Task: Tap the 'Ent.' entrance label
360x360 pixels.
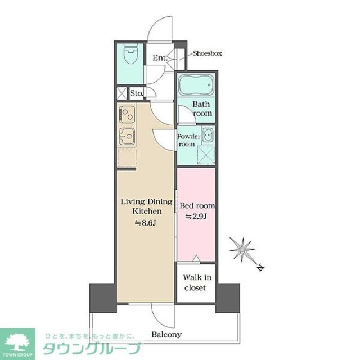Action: point(160,57)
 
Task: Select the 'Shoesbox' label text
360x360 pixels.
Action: point(208,53)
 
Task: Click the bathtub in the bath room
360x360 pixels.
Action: point(196,87)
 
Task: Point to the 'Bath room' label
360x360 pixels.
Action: point(202,109)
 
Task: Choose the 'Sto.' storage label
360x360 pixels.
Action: point(136,93)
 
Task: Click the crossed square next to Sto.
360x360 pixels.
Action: point(122,93)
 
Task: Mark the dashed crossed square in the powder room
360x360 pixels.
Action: point(205,152)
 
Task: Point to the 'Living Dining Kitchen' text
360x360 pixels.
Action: point(147,206)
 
